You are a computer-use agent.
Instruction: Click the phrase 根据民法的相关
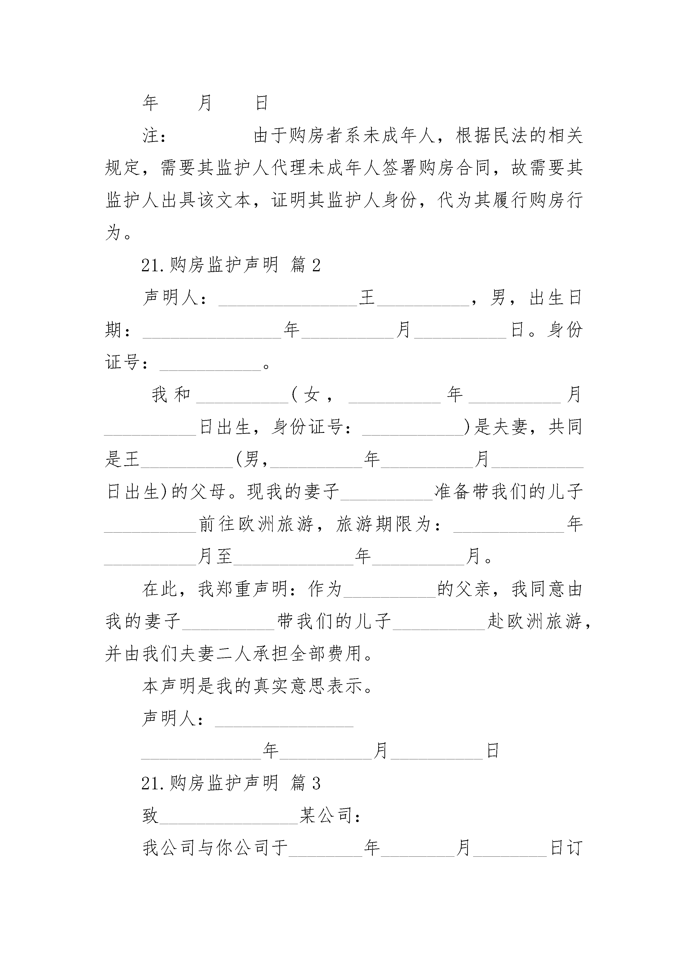519,136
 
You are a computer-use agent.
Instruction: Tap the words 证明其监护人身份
344,200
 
